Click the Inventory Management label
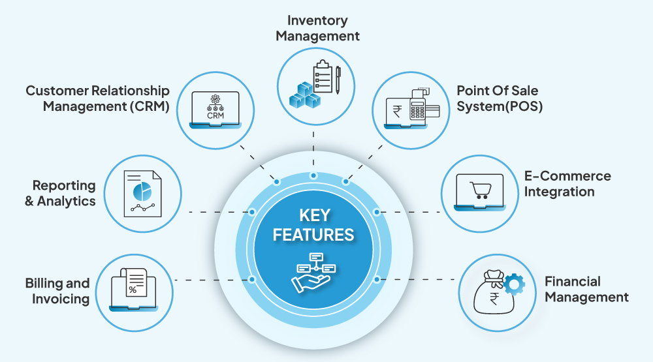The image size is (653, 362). [x=317, y=29]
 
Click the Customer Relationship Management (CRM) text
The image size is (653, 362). [x=98, y=98]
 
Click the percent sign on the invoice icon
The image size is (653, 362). [x=133, y=290]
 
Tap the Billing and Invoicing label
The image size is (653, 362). [x=57, y=292]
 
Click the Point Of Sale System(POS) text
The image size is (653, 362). [x=497, y=97]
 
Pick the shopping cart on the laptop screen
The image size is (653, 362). [x=481, y=190]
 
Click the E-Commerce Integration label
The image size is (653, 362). [x=567, y=184]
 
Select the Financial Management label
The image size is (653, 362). [x=586, y=290]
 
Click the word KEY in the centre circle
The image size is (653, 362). [x=313, y=215]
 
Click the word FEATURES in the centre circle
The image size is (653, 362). [x=313, y=235]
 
